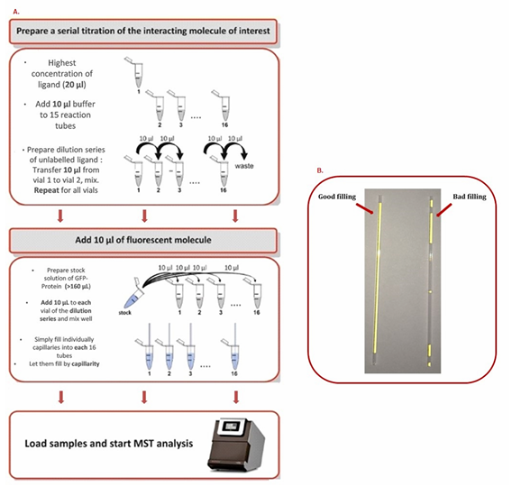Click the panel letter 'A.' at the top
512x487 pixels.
(x=16, y=11)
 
